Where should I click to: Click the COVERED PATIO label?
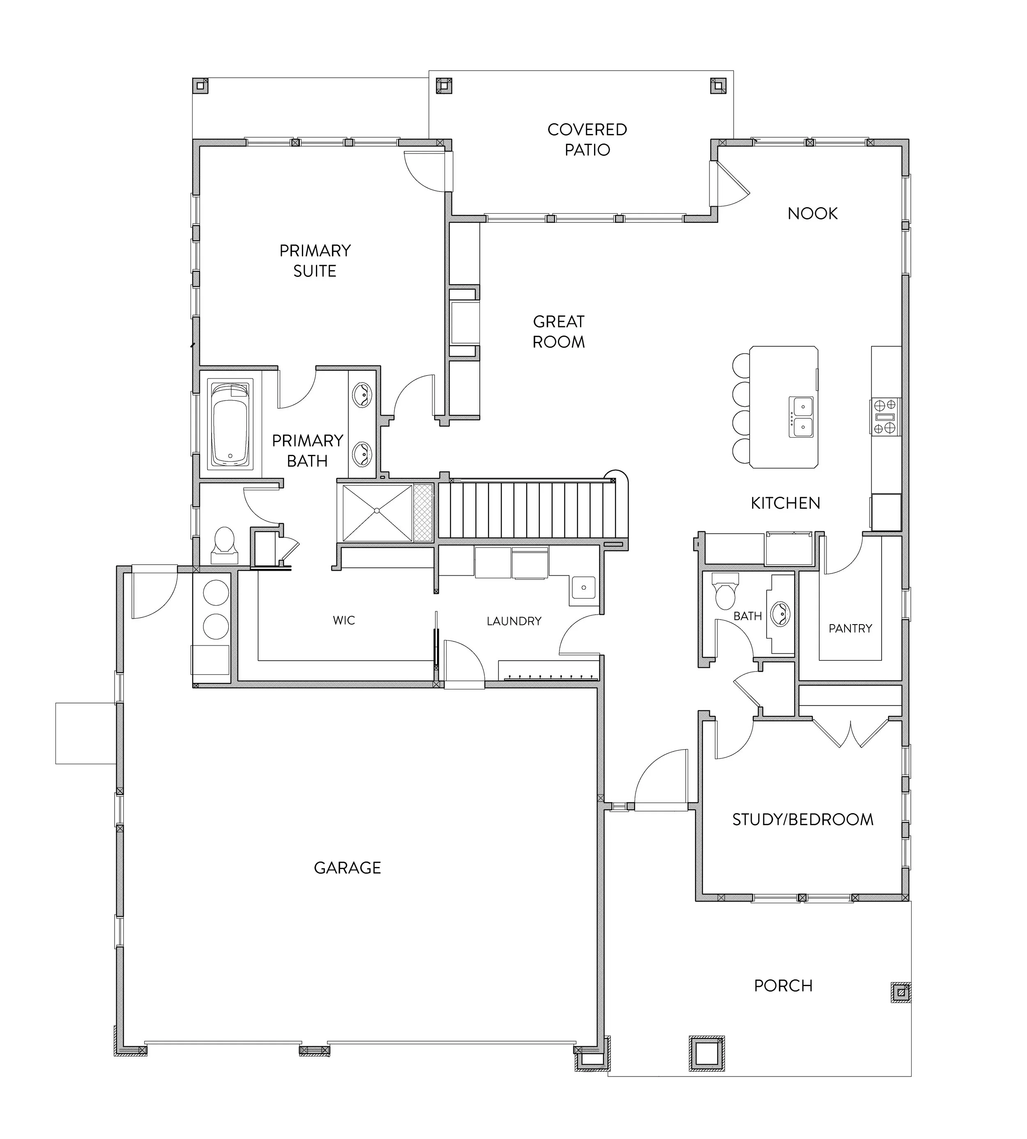pyautogui.click(x=587, y=139)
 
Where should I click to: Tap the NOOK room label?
pyautogui.click(x=813, y=213)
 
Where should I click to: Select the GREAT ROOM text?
pyautogui.click(x=559, y=332)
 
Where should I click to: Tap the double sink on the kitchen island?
pyautogui.click(x=801, y=417)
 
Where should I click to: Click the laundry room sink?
pyautogui.click(x=583, y=588)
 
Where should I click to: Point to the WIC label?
pyautogui.click(x=344, y=620)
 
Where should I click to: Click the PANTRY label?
pyautogui.click(x=850, y=628)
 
